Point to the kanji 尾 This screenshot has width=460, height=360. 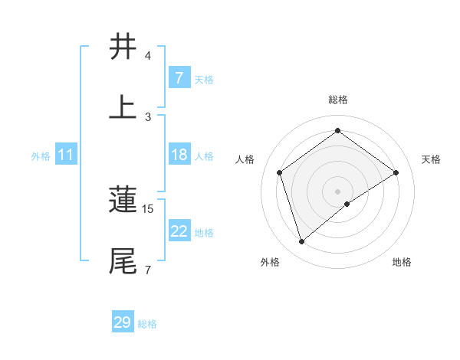coord(123,260)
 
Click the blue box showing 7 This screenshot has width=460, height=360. coord(179,78)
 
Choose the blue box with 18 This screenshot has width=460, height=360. coord(179,155)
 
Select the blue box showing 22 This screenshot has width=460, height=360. coord(179,231)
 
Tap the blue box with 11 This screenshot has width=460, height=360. coord(66,155)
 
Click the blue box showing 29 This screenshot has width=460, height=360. coord(123,322)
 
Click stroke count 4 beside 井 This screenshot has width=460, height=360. coord(148,56)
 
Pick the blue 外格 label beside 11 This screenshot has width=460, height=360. coord(41,155)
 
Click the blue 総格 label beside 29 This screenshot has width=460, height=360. coord(147,324)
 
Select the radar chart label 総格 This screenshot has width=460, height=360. coord(337,100)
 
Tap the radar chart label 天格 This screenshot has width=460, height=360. coord(431,159)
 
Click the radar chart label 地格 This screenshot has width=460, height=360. coord(402,262)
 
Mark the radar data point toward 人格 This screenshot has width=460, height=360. coord(280,172)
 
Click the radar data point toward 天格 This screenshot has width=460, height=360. coord(396,172)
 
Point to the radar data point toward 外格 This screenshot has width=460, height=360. coord(302,242)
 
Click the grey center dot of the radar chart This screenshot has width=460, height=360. coord(337,191)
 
